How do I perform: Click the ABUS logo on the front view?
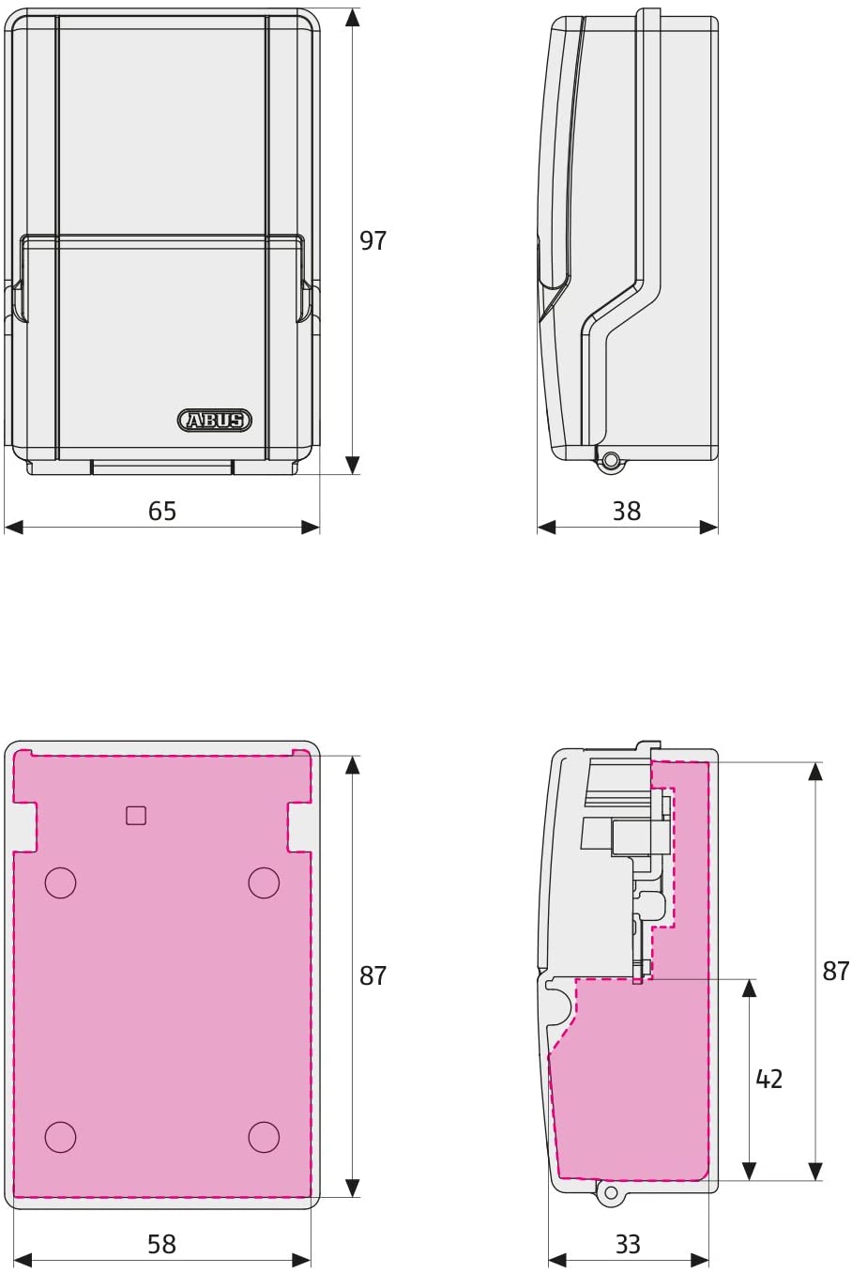pos(215,421)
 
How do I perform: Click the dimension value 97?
pos(373,241)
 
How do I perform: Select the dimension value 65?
pos(162,511)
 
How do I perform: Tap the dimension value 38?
pos(627,511)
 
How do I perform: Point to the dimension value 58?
pos(162,1245)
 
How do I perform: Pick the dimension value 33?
pos(628,1245)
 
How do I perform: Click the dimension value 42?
pos(769,1078)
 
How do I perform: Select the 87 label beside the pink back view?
pos(373,975)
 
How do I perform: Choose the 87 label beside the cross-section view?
pos(836,972)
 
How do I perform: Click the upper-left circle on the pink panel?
pos(60,882)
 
